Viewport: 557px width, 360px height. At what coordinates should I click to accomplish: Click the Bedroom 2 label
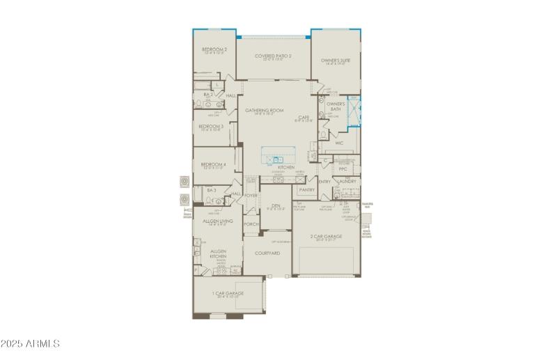(x=214, y=49)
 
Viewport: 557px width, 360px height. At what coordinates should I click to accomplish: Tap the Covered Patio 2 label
(x=273, y=56)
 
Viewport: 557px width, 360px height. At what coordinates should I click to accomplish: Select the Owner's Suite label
(x=335, y=61)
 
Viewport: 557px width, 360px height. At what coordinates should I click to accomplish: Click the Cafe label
(x=304, y=117)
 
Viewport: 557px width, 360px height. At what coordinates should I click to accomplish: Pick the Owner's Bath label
(x=336, y=107)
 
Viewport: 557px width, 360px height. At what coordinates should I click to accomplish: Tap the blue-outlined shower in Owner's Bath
(x=354, y=109)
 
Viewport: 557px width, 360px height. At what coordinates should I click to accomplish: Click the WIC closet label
(x=339, y=143)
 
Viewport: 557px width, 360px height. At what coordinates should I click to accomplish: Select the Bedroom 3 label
(x=210, y=126)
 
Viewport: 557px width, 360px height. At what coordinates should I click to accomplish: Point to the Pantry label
(x=306, y=189)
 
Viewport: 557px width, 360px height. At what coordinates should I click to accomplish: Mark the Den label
(x=276, y=205)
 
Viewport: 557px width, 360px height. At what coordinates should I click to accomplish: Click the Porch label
(x=251, y=224)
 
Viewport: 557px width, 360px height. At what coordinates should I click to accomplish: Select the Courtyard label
(x=267, y=253)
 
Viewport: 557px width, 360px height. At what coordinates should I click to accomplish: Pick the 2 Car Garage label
(x=327, y=236)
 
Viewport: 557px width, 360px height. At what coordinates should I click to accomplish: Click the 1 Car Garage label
(x=227, y=295)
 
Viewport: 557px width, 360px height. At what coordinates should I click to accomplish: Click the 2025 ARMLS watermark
(x=31, y=344)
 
